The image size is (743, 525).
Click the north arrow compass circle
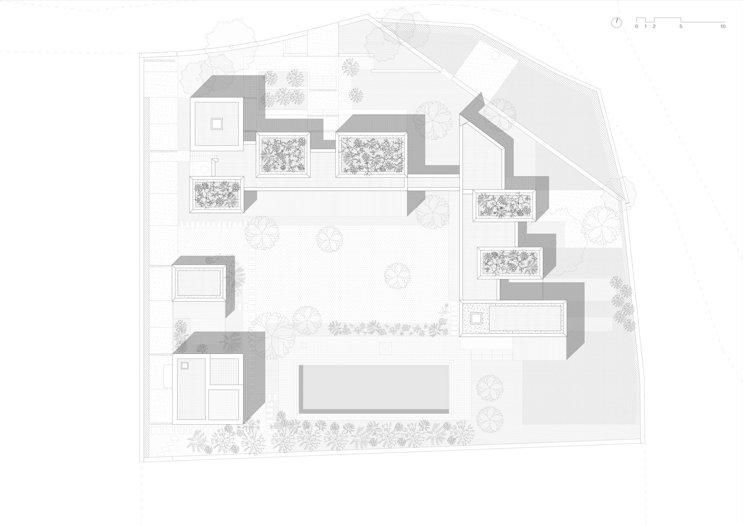point(616,23)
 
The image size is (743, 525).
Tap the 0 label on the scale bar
point(636,26)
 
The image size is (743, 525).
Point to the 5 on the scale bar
point(681,26)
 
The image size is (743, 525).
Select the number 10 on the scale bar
point(723,26)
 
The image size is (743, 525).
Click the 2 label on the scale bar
point(654,26)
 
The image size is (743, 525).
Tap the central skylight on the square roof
point(217,124)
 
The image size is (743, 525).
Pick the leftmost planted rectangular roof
point(217,195)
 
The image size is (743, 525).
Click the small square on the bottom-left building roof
point(185,366)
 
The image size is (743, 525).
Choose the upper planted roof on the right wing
point(504,206)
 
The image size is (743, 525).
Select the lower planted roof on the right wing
point(510,262)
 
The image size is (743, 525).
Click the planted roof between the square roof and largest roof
point(283,154)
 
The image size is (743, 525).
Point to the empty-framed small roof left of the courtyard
point(199,283)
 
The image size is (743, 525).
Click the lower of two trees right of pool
point(490,419)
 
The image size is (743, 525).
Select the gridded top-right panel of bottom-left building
point(224,372)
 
